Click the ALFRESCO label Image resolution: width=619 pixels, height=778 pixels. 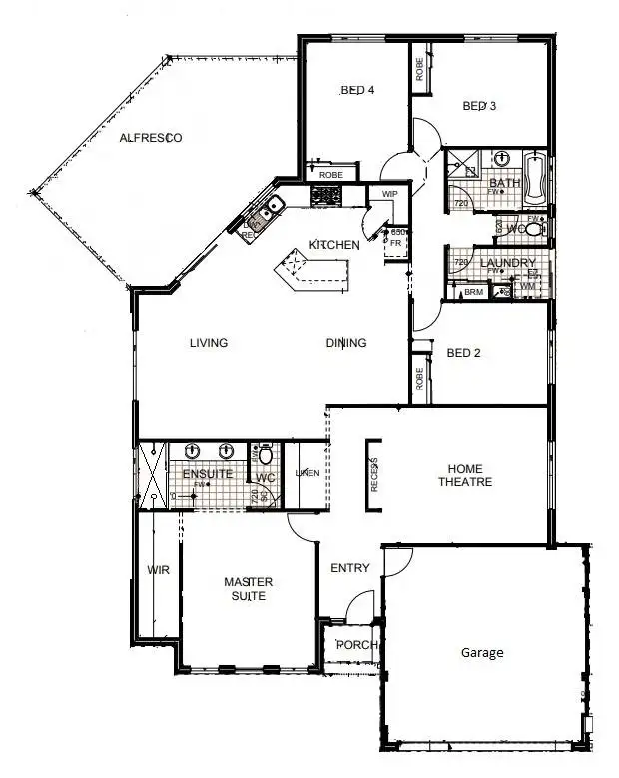coord(150,138)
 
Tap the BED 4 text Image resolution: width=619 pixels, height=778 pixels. coord(357,90)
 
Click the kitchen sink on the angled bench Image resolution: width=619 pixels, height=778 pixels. coord(268,207)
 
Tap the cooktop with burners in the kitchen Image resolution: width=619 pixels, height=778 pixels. coord(326,197)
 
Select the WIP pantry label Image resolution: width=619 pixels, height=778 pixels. coord(388,194)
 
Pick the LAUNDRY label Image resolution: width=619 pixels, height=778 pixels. coord(508,264)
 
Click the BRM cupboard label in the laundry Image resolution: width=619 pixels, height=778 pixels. coord(474,292)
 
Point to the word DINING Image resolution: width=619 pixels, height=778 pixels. coord(346,343)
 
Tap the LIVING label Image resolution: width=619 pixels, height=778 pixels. coord(209,343)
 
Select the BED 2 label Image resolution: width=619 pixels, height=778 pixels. coord(464,353)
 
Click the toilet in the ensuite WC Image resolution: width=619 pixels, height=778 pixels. coord(266,458)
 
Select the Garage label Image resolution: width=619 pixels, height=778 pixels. coord(482,653)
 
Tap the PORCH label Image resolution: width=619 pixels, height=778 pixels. coord(356,645)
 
